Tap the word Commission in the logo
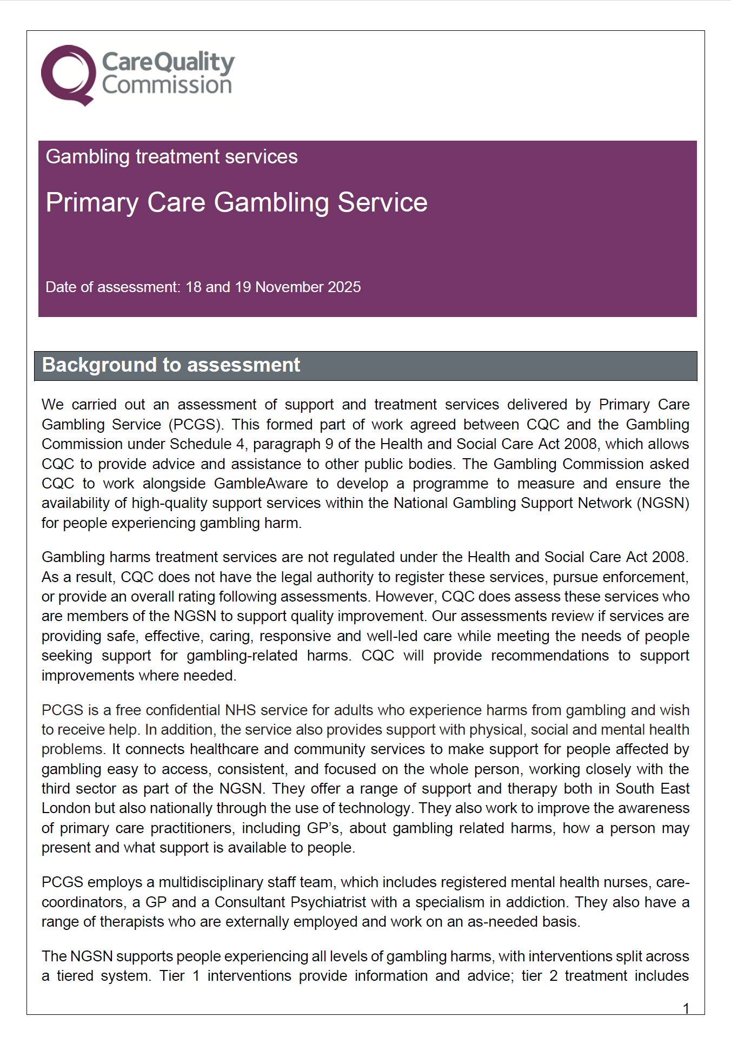coord(167,85)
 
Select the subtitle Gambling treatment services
coord(171,157)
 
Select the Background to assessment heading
coord(171,365)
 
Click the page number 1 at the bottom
coord(686,1008)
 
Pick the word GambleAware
coord(261,484)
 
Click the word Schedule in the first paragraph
coord(201,444)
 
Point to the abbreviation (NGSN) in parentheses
coord(663,503)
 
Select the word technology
coord(374,808)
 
